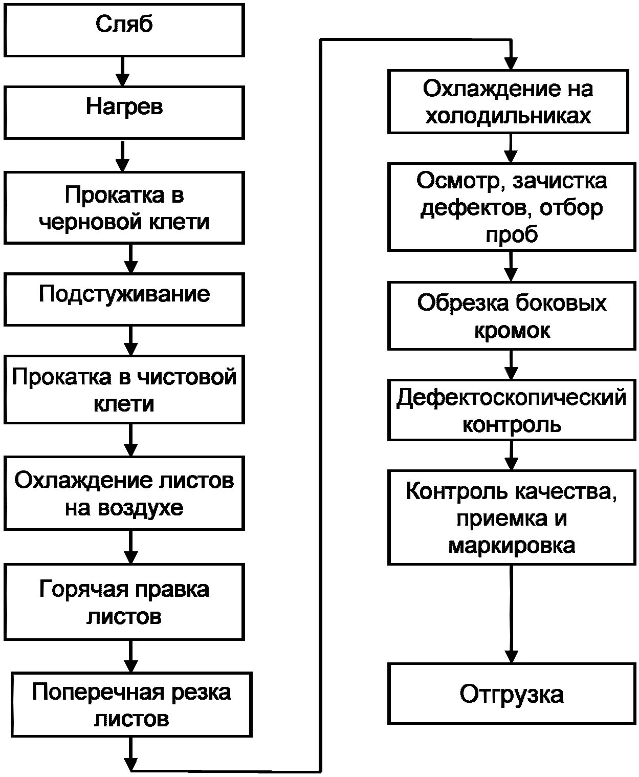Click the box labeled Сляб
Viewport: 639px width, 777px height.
coord(124,30)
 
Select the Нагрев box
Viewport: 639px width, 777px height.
coord(124,112)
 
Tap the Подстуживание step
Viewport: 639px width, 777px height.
coord(124,299)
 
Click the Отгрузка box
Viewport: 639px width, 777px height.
coord(511,694)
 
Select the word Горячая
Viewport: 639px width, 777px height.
coord(76,589)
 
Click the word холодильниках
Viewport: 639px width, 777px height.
coord(508,116)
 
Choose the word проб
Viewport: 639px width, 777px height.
coord(512,235)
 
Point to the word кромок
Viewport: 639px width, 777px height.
coord(512,331)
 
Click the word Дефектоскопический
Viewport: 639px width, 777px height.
coord(511,398)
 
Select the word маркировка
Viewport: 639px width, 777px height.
coord(512,546)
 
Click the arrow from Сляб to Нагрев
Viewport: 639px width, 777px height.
coord(122,71)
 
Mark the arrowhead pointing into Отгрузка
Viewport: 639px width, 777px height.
coord(511,656)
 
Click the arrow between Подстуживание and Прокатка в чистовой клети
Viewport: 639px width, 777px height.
coord(131,340)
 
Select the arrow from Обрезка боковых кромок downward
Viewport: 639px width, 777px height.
coord(511,364)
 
